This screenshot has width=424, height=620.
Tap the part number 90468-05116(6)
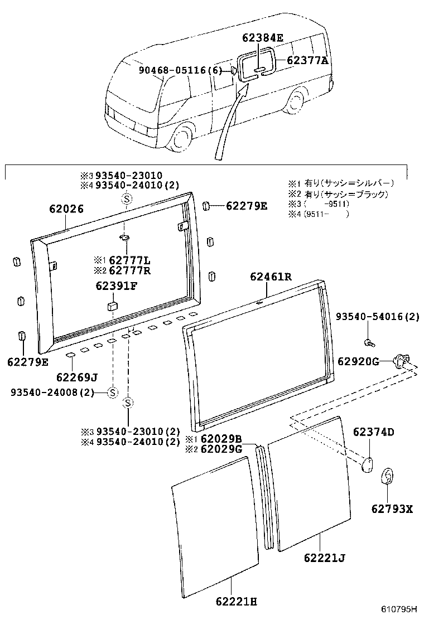coord(180,70)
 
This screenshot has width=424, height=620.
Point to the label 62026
coord(66,210)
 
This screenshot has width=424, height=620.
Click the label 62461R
coord(271,276)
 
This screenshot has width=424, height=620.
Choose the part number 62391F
coord(117,287)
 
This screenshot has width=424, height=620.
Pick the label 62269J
coord(77,377)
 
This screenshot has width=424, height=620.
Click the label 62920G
coord(358,361)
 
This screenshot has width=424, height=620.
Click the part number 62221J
coord(325,557)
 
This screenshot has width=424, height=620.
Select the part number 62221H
coord(237,601)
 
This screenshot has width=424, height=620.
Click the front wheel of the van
coord(181,138)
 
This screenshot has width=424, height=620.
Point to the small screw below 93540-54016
coord(368,341)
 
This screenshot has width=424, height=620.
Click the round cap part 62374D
coord(368,464)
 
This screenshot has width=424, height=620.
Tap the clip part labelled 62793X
coord(388,478)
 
